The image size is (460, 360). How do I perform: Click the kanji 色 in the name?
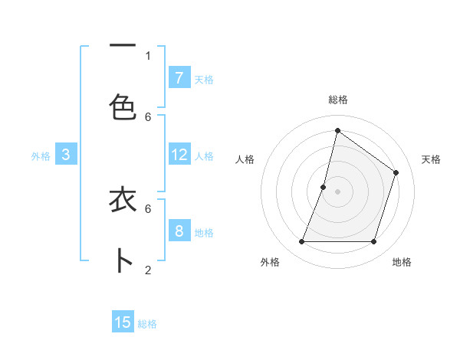pyautogui.click(x=123, y=106)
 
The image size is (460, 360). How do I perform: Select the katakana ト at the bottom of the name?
pyautogui.click(x=123, y=261)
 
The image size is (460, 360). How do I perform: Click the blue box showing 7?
pyautogui.click(x=179, y=77)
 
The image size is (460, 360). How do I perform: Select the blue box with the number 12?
pyautogui.click(x=179, y=154)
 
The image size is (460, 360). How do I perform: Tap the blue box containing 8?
pyautogui.click(x=179, y=231)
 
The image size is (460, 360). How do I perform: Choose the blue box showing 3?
pyautogui.click(x=66, y=154)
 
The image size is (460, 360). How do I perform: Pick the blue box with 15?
pyautogui.click(x=123, y=322)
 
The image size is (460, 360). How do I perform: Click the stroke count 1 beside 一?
pyautogui.click(x=148, y=55)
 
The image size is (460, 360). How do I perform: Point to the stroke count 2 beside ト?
pyautogui.click(x=148, y=270)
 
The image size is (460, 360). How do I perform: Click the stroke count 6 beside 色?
pyautogui.click(x=148, y=116)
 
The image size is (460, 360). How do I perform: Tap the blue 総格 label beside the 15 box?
pyautogui.click(x=147, y=324)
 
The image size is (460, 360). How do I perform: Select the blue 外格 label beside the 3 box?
pyautogui.click(x=41, y=155)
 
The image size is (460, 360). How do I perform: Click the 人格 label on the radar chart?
pyautogui.click(x=245, y=159)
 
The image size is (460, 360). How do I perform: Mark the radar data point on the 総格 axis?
pyautogui.click(x=337, y=130)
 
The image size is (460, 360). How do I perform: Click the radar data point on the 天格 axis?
pyautogui.click(x=396, y=172)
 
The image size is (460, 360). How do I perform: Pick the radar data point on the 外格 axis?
pyautogui.click(x=301, y=242)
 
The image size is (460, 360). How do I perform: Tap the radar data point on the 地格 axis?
pyautogui.click(x=373, y=242)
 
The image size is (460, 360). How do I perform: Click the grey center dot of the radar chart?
pyautogui.click(x=337, y=191)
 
